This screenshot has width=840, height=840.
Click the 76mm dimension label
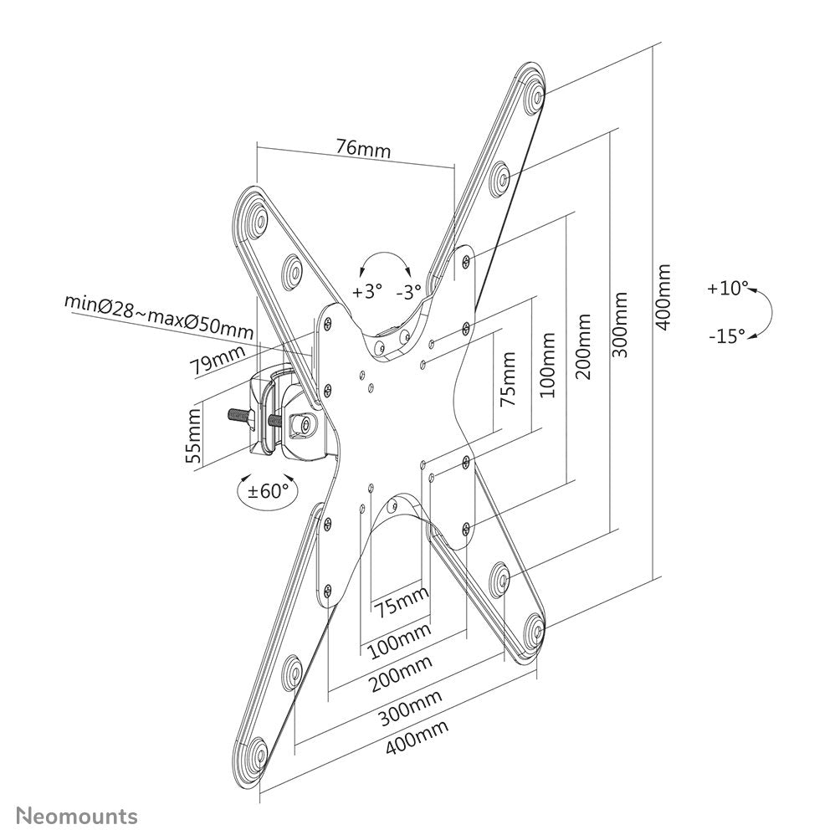(x=363, y=149)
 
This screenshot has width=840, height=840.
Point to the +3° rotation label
(x=366, y=292)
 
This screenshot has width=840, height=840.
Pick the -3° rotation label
(x=409, y=292)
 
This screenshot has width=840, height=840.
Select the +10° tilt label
(x=725, y=289)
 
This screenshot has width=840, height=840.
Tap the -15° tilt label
(x=725, y=336)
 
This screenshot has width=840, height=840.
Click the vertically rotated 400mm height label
(x=663, y=297)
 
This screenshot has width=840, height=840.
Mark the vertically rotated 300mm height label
(x=621, y=325)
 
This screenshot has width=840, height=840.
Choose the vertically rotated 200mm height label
(x=584, y=346)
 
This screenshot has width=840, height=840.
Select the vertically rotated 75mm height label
(x=507, y=379)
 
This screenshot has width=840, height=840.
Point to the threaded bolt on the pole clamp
(x=243, y=415)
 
